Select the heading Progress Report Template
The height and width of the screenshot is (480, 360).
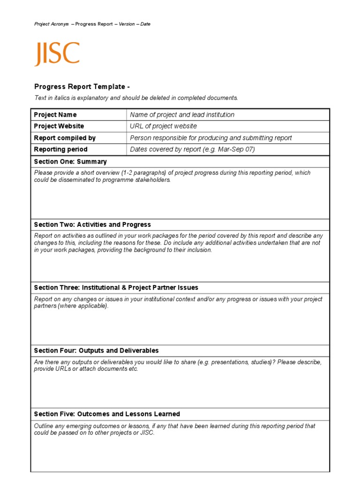[82, 87]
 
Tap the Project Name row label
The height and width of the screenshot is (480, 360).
[55, 115]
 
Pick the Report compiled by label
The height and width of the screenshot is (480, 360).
[65, 138]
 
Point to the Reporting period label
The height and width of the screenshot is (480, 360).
[61, 150]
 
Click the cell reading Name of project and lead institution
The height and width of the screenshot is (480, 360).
[182, 115]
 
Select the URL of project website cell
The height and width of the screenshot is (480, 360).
[163, 126]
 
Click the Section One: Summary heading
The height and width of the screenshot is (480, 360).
[70, 162]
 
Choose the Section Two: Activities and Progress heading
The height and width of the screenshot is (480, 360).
[92, 225]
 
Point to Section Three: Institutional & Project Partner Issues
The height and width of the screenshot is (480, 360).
[116, 287]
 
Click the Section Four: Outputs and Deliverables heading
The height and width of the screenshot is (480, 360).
[96, 351]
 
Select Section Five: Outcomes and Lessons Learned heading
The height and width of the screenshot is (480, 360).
[107, 414]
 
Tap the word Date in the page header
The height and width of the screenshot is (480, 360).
[145, 24]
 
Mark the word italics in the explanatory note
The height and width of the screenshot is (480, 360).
[60, 98]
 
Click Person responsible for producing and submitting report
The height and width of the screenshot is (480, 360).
[211, 138]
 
